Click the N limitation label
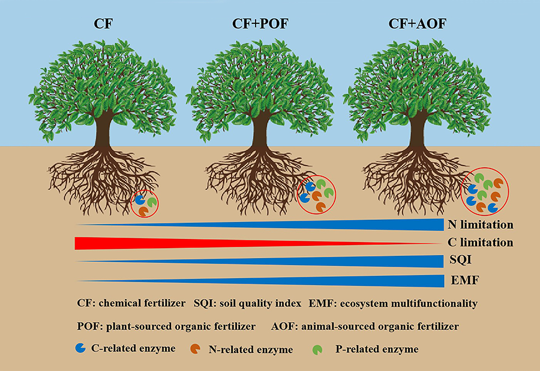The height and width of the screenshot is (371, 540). [480, 225]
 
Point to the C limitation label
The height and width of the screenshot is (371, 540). [480, 243]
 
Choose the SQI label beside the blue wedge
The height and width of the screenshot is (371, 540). [461, 261]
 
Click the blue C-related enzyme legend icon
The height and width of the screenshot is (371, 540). [80, 348]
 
